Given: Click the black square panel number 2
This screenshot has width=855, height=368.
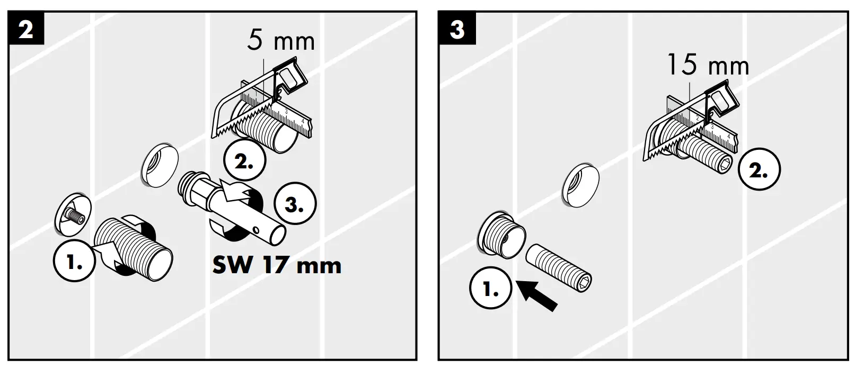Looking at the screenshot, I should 26,30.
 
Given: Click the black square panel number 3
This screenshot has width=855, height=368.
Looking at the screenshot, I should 457,30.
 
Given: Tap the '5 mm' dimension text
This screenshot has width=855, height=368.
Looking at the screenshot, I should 280,41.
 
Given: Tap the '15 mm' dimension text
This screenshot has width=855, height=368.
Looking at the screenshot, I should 707,66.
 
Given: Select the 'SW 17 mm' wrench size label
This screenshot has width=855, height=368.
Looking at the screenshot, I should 277,265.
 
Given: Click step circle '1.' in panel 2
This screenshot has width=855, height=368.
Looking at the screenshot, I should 74,261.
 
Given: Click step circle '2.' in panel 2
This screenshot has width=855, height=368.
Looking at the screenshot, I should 244,163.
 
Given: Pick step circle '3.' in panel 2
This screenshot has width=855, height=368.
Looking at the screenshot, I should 295,205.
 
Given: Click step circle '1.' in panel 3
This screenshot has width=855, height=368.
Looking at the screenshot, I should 490,289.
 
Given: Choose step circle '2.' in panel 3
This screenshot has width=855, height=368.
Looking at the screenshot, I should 759,170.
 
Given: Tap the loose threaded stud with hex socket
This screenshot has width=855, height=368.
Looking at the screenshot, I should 559,267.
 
